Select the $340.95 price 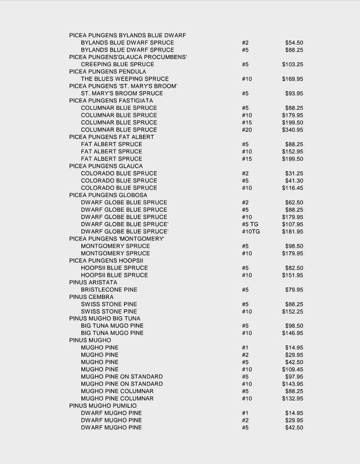point(292,130)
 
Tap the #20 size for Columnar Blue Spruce point(247,130)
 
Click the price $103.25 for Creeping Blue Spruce point(292,64)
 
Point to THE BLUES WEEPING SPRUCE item point(125,79)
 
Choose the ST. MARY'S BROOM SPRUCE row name point(122,93)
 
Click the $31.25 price point(294,173)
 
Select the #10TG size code point(251,232)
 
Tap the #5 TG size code point(250,225)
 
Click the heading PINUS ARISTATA point(93,283)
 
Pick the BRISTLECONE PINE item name point(109,290)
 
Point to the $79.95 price point(294,290)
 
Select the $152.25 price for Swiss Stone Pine point(292,312)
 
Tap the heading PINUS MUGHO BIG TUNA point(105,319)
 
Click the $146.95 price point(292,333)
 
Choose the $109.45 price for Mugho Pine point(292,370)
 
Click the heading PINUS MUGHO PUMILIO point(103,406)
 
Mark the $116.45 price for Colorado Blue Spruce point(292,188)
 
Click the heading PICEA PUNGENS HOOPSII point(106,261)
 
